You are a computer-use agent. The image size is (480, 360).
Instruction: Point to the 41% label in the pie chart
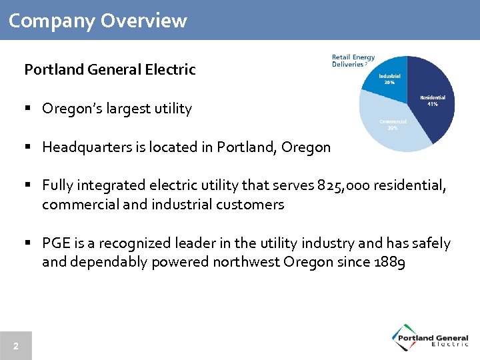click(x=433, y=105)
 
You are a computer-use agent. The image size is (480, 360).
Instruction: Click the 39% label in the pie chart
click(x=393, y=128)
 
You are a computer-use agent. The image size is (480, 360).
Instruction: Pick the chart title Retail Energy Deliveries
click(x=353, y=61)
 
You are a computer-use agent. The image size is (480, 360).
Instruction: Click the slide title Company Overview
click(x=98, y=21)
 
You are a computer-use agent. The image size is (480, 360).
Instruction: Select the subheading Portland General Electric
click(x=110, y=69)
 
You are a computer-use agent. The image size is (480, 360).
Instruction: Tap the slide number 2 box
click(x=15, y=346)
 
